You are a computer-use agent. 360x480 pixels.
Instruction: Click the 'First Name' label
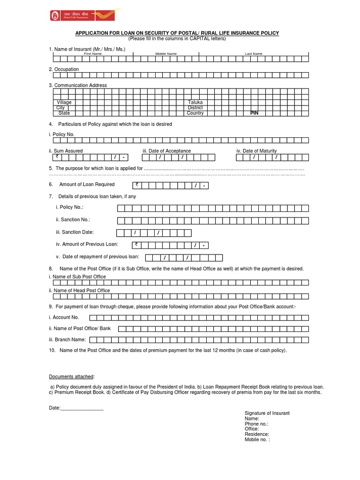[93, 54]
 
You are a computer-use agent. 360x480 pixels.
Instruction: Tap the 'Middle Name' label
[166, 54]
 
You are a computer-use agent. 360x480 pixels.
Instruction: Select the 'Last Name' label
[254, 54]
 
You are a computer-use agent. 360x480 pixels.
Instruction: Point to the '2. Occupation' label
[64, 69]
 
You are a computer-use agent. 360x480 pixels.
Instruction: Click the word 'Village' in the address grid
[64, 102]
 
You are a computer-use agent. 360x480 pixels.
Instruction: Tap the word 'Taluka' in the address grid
[195, 102]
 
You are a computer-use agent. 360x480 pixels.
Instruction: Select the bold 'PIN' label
[255, 113]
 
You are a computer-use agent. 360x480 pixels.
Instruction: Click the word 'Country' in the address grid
[195, 113]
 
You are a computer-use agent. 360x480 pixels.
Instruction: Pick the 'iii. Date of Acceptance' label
[166, 151]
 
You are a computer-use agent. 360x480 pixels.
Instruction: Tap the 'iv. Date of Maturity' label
[256, 151]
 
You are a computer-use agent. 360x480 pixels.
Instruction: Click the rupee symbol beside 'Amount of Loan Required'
[137, 185]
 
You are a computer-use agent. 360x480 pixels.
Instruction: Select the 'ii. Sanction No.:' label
[73, 219]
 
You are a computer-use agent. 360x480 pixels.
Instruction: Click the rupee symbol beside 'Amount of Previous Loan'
[136, 245]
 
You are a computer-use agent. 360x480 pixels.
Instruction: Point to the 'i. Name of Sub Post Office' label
[77, 277]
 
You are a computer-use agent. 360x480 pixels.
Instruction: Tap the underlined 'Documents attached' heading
[71, 376]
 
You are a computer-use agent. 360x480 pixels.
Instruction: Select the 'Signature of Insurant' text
[267, 413]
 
